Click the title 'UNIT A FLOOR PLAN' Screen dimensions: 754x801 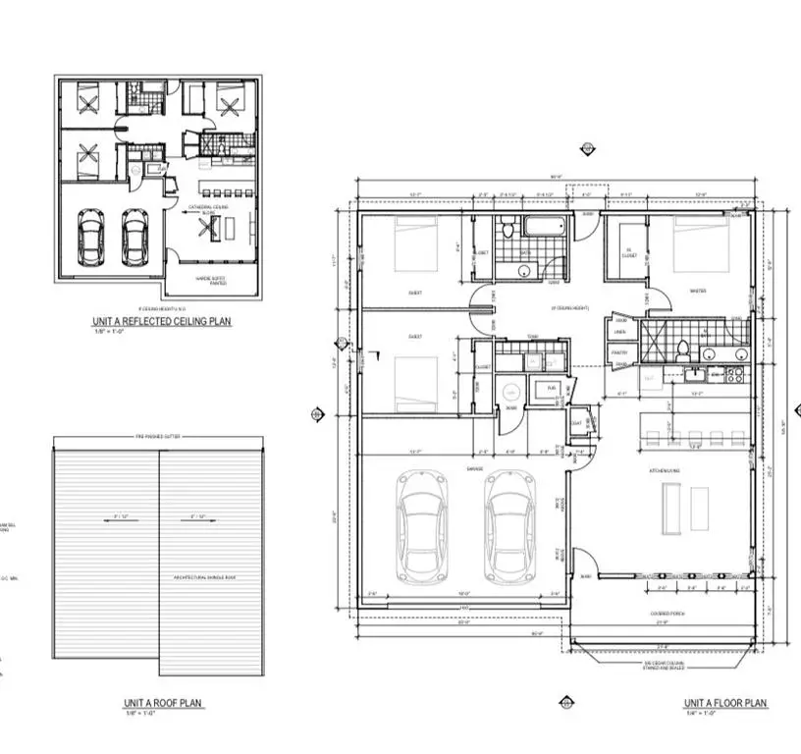(725, 704)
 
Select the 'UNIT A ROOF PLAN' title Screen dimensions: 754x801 (163, 704)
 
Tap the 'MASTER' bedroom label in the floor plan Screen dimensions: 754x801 (699, 290)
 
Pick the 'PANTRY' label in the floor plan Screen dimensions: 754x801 (618, 351)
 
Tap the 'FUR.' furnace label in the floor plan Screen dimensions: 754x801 (552, 389)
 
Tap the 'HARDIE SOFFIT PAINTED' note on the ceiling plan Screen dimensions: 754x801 (211, 280)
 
